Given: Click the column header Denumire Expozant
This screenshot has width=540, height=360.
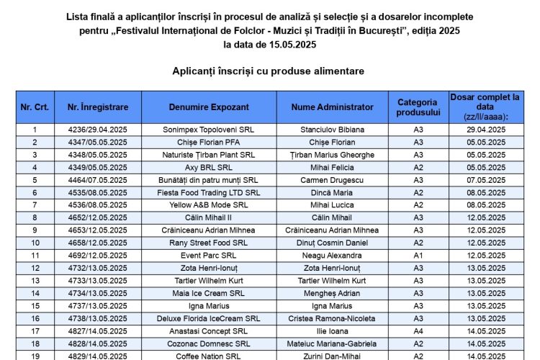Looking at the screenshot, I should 209,107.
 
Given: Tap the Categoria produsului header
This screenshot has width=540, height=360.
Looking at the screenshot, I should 418,107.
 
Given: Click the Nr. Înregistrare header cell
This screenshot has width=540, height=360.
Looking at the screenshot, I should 98,107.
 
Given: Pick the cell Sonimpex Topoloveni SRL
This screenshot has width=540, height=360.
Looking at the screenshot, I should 209,130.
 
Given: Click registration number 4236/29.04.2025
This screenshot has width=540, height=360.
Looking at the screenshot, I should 98,130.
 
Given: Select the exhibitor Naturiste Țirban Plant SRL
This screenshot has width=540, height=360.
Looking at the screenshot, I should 209,155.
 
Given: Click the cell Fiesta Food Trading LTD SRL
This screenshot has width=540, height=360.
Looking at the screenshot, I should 209,192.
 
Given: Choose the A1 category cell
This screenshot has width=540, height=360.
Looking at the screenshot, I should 418,256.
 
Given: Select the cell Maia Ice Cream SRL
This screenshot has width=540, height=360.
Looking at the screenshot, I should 209,293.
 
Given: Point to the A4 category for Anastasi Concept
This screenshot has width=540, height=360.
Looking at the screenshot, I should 418,331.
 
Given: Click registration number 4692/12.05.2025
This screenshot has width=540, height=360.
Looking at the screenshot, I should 98,256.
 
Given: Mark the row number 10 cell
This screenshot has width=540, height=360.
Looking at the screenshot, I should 35,243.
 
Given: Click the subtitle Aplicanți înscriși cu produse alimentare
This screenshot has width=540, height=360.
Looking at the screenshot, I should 269,71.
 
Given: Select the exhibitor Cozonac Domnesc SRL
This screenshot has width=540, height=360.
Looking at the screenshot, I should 209,343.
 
